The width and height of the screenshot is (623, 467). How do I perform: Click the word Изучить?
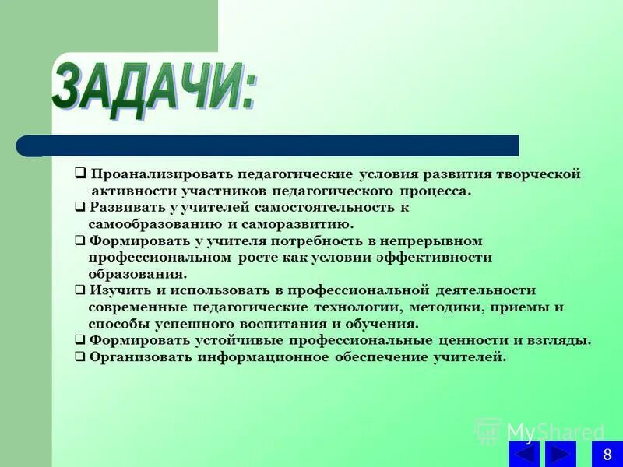click(118, 290)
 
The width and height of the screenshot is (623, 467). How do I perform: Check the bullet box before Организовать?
click(80, 357)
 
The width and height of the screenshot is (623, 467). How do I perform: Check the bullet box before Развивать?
click(80, 208)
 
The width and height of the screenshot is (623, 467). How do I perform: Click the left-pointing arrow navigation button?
click(524, 454)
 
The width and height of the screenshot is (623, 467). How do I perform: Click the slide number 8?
click(607, 454)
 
